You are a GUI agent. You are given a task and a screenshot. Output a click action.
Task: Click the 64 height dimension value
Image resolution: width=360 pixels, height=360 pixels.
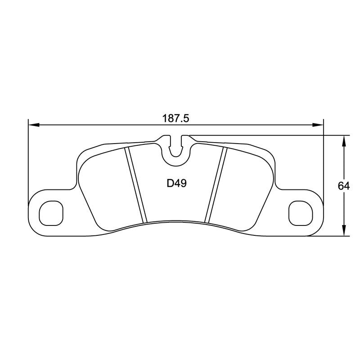pyautogui.click(x=345, y=185)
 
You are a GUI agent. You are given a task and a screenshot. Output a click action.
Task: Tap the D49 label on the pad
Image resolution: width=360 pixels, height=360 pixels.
pyautogui.click(x=177, y=184)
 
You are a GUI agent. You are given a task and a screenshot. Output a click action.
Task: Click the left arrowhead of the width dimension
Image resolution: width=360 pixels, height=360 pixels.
pyautogui.click(x=33, y=125)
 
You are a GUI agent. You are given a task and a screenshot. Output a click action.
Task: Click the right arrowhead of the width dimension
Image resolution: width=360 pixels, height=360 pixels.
pyautogui.click(x=319, y=125)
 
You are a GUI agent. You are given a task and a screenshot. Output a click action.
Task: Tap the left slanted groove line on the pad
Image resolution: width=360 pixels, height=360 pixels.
pyautogui.click(x=136, y=184)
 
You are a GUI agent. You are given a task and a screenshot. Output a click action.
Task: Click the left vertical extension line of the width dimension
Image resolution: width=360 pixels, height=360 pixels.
pyautogui.click(x=28, y=157)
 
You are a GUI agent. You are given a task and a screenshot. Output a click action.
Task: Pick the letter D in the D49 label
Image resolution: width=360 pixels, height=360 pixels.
pyautogui.click(x=170, y=184)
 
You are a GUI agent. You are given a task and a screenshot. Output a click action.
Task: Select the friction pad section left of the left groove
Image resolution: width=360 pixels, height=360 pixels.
pyautogui.click(x=106, y=184)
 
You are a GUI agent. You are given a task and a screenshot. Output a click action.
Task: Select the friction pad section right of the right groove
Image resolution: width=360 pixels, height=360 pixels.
pyautogui.click(x=245, y=184)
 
